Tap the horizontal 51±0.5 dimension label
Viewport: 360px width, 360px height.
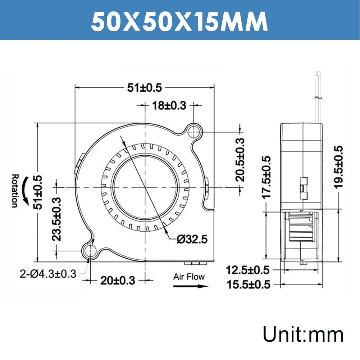145,88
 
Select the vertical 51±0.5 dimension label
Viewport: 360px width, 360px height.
38,192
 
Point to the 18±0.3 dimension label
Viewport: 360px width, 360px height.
169,105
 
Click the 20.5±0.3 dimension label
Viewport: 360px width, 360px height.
240,160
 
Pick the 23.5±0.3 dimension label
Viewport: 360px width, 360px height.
56,219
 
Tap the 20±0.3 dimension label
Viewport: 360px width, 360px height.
118,280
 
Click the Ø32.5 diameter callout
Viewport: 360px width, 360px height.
192,239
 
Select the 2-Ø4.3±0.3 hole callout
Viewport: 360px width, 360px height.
48,274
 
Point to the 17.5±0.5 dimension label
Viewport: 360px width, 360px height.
266,177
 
